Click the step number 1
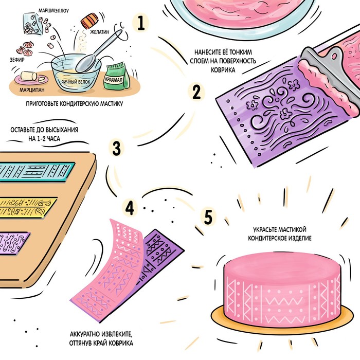[x=141, y=23]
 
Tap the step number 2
[x=196, y=92]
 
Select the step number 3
[x=117, y=148]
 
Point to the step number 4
[x=130, y=207]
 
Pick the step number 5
[x=208, y=217]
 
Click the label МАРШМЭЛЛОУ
[x=53, y=11]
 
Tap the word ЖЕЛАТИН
[x=100, y=32]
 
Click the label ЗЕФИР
[x=17, y=60]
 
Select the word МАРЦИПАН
[x=32, y=90]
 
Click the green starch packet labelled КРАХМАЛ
[x=116, y=76]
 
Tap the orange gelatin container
[x=89, y=20]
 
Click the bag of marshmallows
[x=33, y=24]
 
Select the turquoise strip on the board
[x=37, y=172]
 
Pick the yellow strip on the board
[x=27, y=207]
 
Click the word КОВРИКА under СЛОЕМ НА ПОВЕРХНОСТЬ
[x=223, y=70]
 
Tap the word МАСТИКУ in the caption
[x=112, y=104]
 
